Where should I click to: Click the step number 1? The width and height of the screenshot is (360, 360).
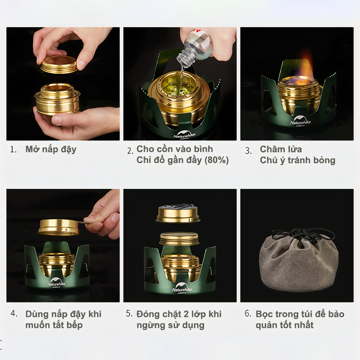(13, 150)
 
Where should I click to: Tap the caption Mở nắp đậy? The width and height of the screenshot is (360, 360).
(51, 149)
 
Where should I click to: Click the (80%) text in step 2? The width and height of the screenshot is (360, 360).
(217, 160)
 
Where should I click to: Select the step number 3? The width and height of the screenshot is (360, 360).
(248, 151)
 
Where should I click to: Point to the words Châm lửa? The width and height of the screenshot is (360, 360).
(281, 149)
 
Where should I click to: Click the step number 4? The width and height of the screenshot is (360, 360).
(14, 313)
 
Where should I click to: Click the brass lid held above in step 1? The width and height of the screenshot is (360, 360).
(59, 64)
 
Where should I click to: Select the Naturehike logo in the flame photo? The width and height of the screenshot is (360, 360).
(300, 121)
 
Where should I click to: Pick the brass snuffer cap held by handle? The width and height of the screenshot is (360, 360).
(58, 227)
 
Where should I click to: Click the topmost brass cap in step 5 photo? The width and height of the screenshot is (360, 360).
(178, 213)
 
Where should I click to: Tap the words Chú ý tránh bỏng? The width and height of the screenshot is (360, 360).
(298, 160)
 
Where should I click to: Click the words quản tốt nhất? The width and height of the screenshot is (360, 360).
(284, 325)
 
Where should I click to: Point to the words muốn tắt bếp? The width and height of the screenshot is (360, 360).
(54, 325)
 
